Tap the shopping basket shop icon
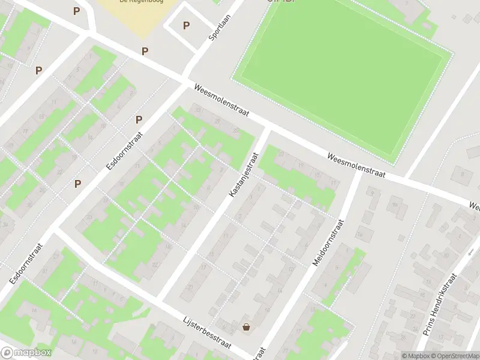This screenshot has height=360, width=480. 247,327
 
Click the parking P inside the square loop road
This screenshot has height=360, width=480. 186,26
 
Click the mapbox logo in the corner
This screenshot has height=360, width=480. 26,353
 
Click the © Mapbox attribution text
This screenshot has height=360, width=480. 415,356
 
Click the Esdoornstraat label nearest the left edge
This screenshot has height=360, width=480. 25,264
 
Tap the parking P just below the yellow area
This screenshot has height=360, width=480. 145,52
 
